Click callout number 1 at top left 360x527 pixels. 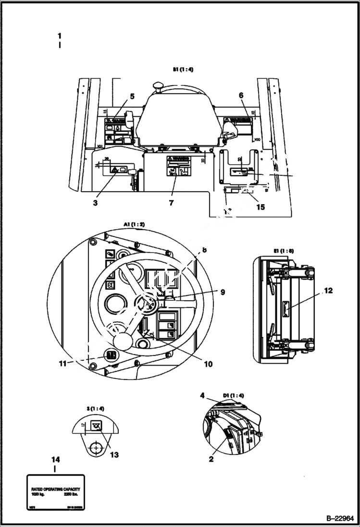[x=59, y=36]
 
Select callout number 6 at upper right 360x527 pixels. [x=241, y=96]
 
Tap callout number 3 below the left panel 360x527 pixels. [x=95, y=203]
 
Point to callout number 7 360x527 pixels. [x=171, y=203]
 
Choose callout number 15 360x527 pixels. [x=260, y=208]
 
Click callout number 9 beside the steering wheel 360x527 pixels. [x=222, y=292]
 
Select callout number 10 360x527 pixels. [x=208, y=364]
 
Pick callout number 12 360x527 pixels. [x=328, y=290]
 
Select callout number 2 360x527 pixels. [x=210, y=459]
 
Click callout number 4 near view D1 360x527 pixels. [x=203, y=396]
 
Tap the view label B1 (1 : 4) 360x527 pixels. [x=183, y=69]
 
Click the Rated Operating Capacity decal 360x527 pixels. [x=55, y=493]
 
